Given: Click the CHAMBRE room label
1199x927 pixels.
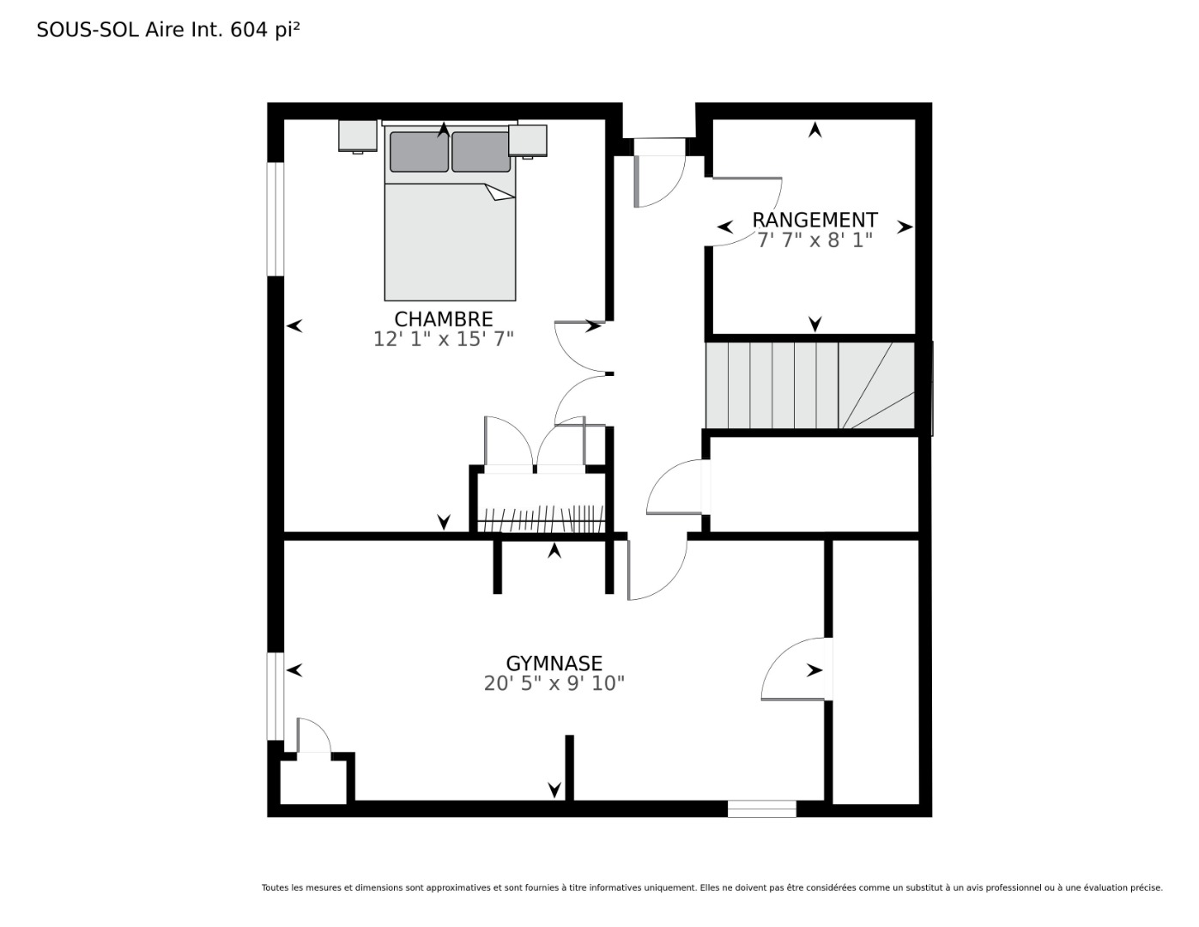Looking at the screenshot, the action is pyautogui.click(x=443, y=319).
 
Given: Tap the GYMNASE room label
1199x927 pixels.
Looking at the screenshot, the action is pyautogui.click(x=554, y=663).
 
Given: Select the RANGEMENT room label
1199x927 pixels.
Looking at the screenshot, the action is pyautogui.click(x=814, y=220).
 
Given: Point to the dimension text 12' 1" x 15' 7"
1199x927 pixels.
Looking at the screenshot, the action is pyautogui.click(x=443, y=339).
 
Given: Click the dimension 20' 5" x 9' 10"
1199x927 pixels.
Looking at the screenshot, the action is pyautogui.click(x=554, y=683).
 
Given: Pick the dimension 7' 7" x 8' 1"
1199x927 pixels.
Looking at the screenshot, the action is pyautogui.click(x=814, y=240).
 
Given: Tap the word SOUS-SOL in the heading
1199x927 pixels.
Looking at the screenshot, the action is pyautogui.click(x=88, y=30).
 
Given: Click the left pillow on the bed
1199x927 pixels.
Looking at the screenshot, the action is pyautogui.click(x=419, y=151).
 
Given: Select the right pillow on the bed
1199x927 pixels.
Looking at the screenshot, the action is pyautogui.click(x=481, y=151).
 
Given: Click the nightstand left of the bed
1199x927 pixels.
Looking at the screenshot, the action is pyautogui.click(x=358, y=136).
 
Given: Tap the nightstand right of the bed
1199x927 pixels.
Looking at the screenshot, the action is pyautogui.click(x=528, y=142).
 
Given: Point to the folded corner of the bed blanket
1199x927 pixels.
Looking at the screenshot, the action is pyautogui.click(x=500, y=192).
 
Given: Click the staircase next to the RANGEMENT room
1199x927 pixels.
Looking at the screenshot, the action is pyautogui.click(x=809, y=385).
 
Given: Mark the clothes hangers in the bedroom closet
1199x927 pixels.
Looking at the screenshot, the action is pyautogui.click(x=540, y=518).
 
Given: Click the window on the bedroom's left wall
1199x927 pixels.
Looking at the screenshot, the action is pyautogui.click(x=276, y=219).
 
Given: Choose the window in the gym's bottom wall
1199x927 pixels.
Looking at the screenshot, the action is pyautogui.click(x=761, y=809).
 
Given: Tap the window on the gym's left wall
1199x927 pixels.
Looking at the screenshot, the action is pyautogui.click(x=276, y=696).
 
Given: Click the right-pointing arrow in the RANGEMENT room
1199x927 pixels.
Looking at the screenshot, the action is pyautogui.click(x=905, y=227).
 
